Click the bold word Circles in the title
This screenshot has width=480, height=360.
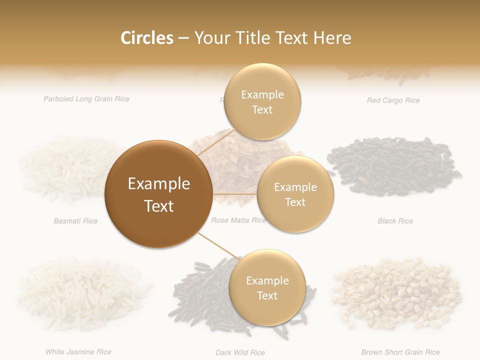[x=146, y=38]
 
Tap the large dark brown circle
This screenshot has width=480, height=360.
[x=159, y=194]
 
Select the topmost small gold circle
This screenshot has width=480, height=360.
[x=262, y=102]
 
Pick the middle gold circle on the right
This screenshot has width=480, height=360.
[x=295, y=194]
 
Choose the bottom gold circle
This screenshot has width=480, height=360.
[x=267, y=288]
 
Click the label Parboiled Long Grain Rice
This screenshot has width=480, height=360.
[x=86, y=99]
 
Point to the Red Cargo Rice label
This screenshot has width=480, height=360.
[x=393, y=100]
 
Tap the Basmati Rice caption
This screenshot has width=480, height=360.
[x=75, y=221]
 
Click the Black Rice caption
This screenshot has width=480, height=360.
[x=395, y=221]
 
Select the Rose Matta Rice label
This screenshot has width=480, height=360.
[x=238, y=220]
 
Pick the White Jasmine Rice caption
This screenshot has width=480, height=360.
[x=78, y=352]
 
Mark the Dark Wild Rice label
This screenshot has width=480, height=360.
[x=240, y=352]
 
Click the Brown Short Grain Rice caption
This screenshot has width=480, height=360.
[x=400, y=352]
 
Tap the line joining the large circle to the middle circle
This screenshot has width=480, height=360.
[x=235, y=194]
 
